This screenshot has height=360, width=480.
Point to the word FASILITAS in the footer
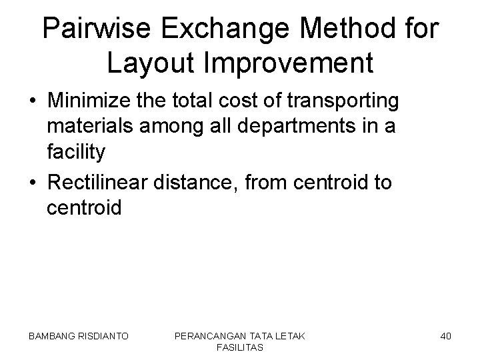tap(239, 347)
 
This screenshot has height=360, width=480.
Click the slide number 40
tap(446, 336)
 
